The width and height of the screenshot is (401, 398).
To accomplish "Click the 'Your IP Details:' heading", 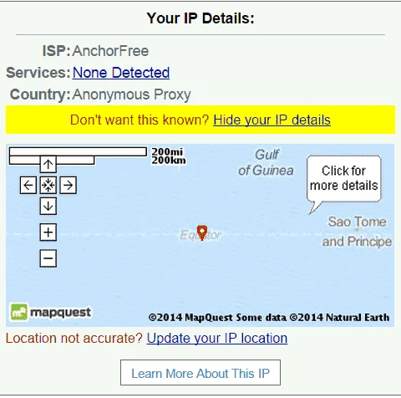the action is coord(200,18).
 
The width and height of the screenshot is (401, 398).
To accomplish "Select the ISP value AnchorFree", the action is coord(110,51).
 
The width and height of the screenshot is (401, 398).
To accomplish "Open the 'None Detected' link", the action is coord(121,73).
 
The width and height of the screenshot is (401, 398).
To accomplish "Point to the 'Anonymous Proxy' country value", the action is coord(131,94).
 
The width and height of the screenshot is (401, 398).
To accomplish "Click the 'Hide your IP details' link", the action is coord(272,120).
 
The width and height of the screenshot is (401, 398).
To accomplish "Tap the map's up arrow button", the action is coord(48,164).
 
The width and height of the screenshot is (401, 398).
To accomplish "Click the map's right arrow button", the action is coord(69,185).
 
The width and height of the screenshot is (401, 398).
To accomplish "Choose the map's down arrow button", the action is coord(48,206).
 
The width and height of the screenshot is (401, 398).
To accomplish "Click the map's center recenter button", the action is coord(48,185).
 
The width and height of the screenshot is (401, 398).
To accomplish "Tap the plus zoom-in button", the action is coord(48,232).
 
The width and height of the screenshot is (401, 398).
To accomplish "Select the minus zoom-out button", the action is coord(48,258).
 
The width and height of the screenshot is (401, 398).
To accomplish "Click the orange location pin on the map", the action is coord(202,232).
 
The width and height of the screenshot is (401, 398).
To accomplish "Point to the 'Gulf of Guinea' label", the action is coord(266,162).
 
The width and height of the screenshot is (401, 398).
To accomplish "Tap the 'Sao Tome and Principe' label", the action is coord(357,232).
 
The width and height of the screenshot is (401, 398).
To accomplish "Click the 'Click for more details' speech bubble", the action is coord(344,179).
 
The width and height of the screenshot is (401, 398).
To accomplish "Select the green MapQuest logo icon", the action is coord(19,312).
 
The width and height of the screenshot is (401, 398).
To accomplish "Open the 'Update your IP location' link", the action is coord(217,339).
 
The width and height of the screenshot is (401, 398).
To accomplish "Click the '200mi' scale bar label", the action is coord(167,151).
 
